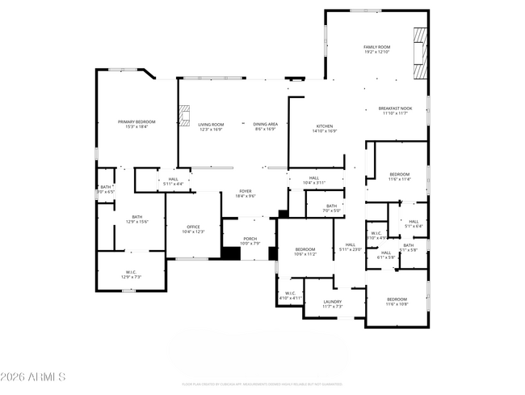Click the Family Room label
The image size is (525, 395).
click(x=376, y=49)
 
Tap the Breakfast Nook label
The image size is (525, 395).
click(x=395, y=111)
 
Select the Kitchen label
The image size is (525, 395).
click(x=324, y=128)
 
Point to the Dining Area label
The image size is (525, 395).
click(x=266, y=126)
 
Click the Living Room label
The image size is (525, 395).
click(x=211, y=126)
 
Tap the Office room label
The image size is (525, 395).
click(x=193, y=229)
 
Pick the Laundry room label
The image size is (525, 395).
click(x=333, y=304)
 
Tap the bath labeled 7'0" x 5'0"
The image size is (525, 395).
click(x=331, y=208)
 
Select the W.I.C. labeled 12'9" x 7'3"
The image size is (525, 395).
click(x=131, y=274)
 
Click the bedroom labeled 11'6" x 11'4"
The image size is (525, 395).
click(x=399, y=176)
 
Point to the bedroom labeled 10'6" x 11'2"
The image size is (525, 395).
click(x=304, y=251)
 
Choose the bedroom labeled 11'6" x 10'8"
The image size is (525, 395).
click(x=396, y=302)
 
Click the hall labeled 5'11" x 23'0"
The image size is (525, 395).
click(x=351, y=247)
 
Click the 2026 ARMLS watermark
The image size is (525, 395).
click(x=34, y=377)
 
